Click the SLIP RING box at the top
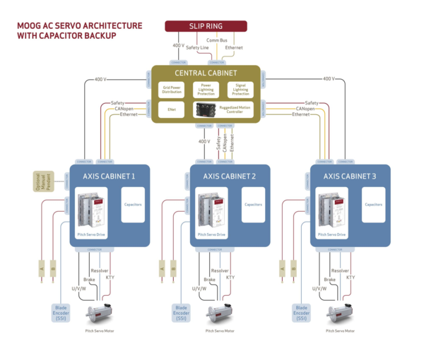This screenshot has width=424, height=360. [206, 26]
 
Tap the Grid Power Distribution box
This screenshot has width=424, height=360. [172, 90]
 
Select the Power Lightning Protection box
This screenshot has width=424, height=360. [206, 90]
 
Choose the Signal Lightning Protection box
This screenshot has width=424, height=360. [240, 90]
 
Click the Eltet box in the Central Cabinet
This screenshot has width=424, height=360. [172, 109]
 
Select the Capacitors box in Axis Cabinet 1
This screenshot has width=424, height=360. [133, 204]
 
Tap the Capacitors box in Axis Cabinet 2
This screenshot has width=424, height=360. [253, 204]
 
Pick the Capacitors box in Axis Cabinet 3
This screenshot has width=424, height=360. [374, 204]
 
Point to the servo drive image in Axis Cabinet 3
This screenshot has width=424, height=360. [330, 210]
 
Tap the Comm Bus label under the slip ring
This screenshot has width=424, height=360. [217, 41]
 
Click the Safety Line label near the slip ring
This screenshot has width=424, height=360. [198, 47]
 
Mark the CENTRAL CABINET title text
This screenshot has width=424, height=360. [206, 73]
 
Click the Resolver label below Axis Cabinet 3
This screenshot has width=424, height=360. [341, 270]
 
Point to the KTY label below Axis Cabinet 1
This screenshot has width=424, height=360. [110, 277]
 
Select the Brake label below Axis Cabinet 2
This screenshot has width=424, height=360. [209, 280]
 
